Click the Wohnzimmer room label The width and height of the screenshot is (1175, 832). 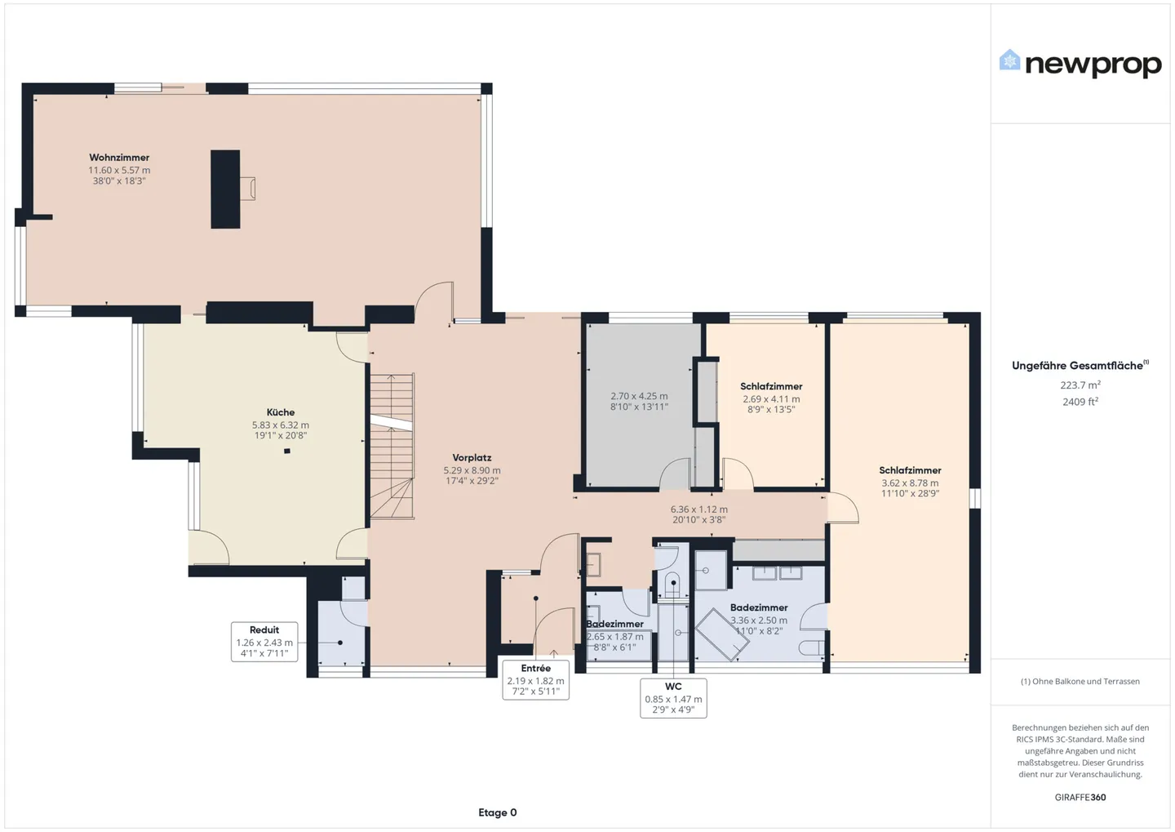point(119,158)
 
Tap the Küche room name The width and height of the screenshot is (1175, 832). point(281,412)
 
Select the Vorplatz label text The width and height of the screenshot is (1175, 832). point(472,458)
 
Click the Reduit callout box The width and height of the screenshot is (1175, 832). point(264,642)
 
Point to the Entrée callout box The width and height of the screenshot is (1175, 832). point(535,680)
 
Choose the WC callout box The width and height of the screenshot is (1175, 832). point(673,698)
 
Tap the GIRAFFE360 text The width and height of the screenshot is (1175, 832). point(1080,798)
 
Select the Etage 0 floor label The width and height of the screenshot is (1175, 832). point(497,812)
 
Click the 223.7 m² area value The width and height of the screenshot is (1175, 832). point(1080,385)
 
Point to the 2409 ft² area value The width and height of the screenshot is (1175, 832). point(1080,402)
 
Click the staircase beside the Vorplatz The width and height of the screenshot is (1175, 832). point(392,446)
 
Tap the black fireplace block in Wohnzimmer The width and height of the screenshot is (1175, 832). point(225,189)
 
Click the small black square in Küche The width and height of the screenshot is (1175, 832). point(287,451)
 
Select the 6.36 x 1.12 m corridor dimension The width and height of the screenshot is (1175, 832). point(698,509)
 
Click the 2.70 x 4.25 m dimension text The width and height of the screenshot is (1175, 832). point(639,396)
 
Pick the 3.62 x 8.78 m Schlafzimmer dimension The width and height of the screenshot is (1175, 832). point(910,483)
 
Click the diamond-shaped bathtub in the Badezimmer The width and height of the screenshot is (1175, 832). point(721,634)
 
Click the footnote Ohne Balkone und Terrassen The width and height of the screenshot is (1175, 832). point(1080,681)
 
